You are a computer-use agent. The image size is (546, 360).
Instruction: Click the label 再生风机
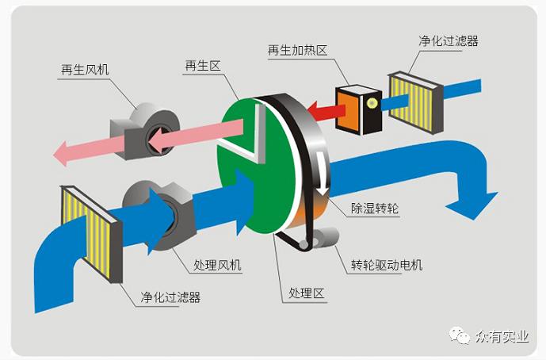[x=85, y=69]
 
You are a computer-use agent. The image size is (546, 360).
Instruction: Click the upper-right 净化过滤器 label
[x=448, y=40]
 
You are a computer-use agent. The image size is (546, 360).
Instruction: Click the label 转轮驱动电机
[x=387, y=264]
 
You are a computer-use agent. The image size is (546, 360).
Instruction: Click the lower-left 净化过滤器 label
[x=170, y=297]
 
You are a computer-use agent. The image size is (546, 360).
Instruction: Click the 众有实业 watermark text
[x=502, y=336]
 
